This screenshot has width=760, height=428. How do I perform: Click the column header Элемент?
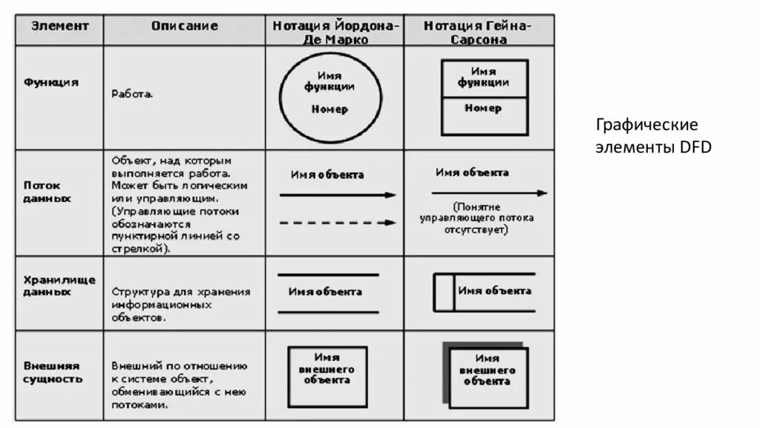point(59,26)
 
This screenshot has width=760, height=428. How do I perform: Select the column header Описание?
point(185,26)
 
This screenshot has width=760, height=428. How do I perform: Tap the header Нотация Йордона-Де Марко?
point(335,33)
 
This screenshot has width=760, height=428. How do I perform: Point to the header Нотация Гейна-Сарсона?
point(477,33)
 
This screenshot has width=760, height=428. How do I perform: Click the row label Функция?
point(51,82)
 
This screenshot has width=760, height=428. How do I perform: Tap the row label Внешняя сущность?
point(53,372)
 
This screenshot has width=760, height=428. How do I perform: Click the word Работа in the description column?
point(132,94)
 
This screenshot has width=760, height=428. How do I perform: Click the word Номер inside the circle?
point(330,109)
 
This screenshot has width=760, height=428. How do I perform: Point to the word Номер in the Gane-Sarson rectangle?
point(483,108)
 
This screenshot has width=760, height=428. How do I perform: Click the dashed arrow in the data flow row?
point(338,222)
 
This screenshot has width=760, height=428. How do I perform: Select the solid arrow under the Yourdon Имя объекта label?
point(338,195)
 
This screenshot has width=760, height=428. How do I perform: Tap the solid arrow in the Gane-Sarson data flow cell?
point(489,193)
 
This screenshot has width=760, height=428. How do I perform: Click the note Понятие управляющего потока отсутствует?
point(476,218)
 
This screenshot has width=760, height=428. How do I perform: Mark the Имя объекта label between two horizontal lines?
point(326,292)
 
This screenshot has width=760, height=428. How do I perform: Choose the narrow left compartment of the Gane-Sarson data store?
point(444,292)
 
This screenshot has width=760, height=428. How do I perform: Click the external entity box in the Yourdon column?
point(327,376)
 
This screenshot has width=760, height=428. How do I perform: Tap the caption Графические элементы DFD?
point(653,136)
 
